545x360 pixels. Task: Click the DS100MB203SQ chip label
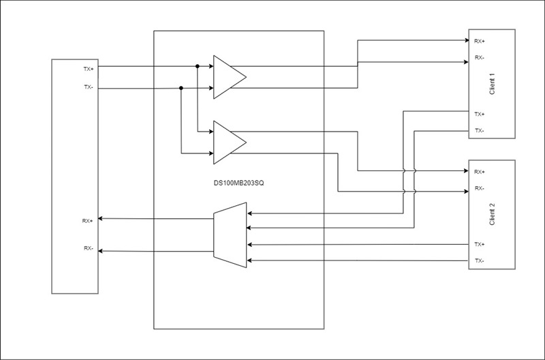tap(239, 183)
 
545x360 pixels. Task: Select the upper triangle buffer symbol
tap(230, 77)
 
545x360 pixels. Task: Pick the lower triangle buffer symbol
tap(230, 142)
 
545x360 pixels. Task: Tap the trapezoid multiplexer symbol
tap(230, 235)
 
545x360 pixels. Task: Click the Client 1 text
tap(492, 84)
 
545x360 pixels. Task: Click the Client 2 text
tap(492, 215)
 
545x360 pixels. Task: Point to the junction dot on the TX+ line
tap(197, 66)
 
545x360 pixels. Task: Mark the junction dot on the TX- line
tap(181, 88)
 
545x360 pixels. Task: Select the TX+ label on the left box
tap(89, 69)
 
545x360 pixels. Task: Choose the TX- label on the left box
tap(89, 87)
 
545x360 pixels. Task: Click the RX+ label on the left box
tap(88, 221)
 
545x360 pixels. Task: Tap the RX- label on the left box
tap(89, 248)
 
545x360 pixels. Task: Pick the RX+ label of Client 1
tap(480, 41)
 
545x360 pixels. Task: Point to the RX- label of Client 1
tap(480, 57)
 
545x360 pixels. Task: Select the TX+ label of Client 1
tap(480, 114)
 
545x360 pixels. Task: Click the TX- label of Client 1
tap(480, 130)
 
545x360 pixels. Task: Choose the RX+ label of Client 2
tap(480, 172)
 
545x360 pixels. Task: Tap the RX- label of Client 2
tap(480, 188)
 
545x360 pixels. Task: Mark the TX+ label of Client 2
tap(480, 245)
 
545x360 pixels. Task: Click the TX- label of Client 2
tap(480, 260)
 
